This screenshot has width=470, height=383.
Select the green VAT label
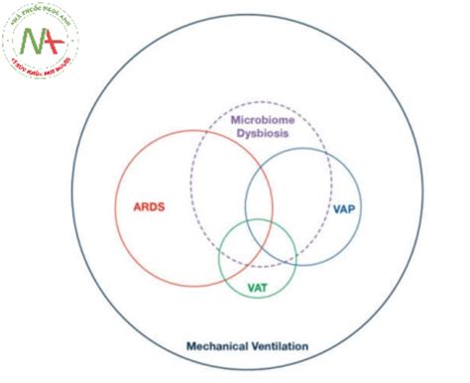coord(257,288)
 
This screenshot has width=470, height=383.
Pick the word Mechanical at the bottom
coord(216,346)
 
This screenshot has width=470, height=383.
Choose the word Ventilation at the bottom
coord(279,346)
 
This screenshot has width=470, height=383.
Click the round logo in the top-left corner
coord(45,43)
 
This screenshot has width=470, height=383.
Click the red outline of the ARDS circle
coord(116,209)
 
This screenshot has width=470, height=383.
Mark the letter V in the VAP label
coord(338,209)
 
